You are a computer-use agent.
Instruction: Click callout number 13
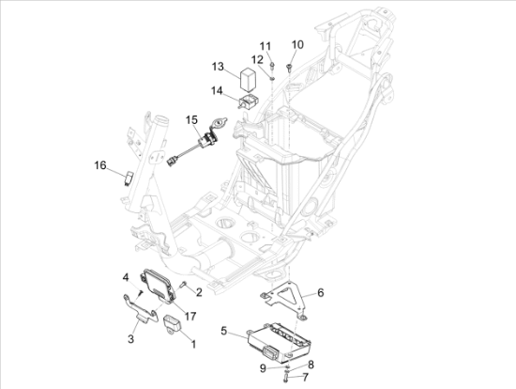tap(218, 67)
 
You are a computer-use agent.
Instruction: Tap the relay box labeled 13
tap(249, 79)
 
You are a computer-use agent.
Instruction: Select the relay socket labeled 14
tap(249, 101)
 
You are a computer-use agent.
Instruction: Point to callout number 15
tap(191, 120)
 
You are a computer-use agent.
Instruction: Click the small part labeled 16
tap(129, 178)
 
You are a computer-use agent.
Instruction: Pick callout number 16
tap(100, 164)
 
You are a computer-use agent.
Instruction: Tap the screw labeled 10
tap(289, 69)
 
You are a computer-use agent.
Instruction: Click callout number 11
tap(266, 46)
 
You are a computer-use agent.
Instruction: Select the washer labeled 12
tap(272, 79)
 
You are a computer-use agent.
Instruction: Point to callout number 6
tap(320, 292)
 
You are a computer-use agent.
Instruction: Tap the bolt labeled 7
tap(285, 377)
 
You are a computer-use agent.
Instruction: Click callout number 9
tap(263, 368)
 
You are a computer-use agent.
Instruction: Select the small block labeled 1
tap(173, 324)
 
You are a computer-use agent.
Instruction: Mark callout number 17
tap(190, 316)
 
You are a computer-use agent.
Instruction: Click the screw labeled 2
tap(183, 284)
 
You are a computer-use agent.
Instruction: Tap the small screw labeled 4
tap(141, 293)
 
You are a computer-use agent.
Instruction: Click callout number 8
tap(311, 365)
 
